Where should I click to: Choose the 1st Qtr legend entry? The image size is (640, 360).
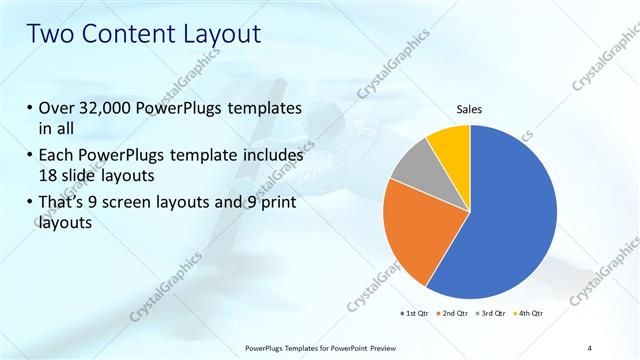pos(417,314)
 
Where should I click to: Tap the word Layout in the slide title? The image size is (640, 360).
pos(221,34)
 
